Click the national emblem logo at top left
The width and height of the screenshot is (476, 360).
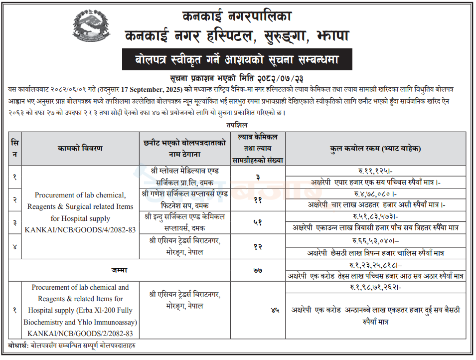[90, 26]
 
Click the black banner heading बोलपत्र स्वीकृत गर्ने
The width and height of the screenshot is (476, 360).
[237, 59]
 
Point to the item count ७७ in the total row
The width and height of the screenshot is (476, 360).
[258, 270]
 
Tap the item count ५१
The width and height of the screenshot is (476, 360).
[258, 223]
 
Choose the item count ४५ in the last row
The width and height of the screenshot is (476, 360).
[275, 310]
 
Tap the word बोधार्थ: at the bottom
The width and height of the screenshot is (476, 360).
[18, 345]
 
